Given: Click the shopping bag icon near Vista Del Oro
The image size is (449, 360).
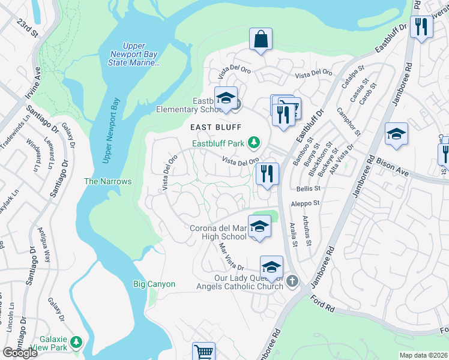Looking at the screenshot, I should click(261, 40).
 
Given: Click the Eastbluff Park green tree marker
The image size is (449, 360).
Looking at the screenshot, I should click(255, 142).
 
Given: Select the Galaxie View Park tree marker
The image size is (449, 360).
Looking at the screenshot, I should click(76, 342).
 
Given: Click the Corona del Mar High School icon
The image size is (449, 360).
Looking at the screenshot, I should click(259, 227).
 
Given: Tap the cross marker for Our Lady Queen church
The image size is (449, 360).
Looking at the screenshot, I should click(292, 281).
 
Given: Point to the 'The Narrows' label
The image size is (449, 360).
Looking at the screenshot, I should click(107, 181).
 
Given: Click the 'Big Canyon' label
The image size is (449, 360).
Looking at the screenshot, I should click(154, 284).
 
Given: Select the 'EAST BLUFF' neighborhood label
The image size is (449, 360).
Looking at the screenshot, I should click(215, 127).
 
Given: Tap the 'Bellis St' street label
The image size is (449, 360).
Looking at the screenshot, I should click(306, 188).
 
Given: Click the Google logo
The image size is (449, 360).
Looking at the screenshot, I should click(20, 353).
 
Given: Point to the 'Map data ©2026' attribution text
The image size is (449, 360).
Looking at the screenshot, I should click(423, 355).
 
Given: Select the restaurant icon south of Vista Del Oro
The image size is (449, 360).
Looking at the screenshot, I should click(267, 174).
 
